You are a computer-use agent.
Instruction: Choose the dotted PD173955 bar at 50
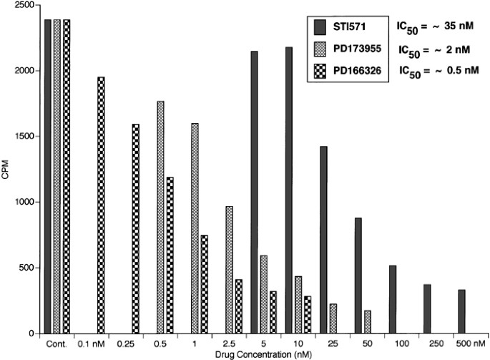click(x=367, y=322)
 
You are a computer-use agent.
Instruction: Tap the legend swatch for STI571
click(x=319, y=27)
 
